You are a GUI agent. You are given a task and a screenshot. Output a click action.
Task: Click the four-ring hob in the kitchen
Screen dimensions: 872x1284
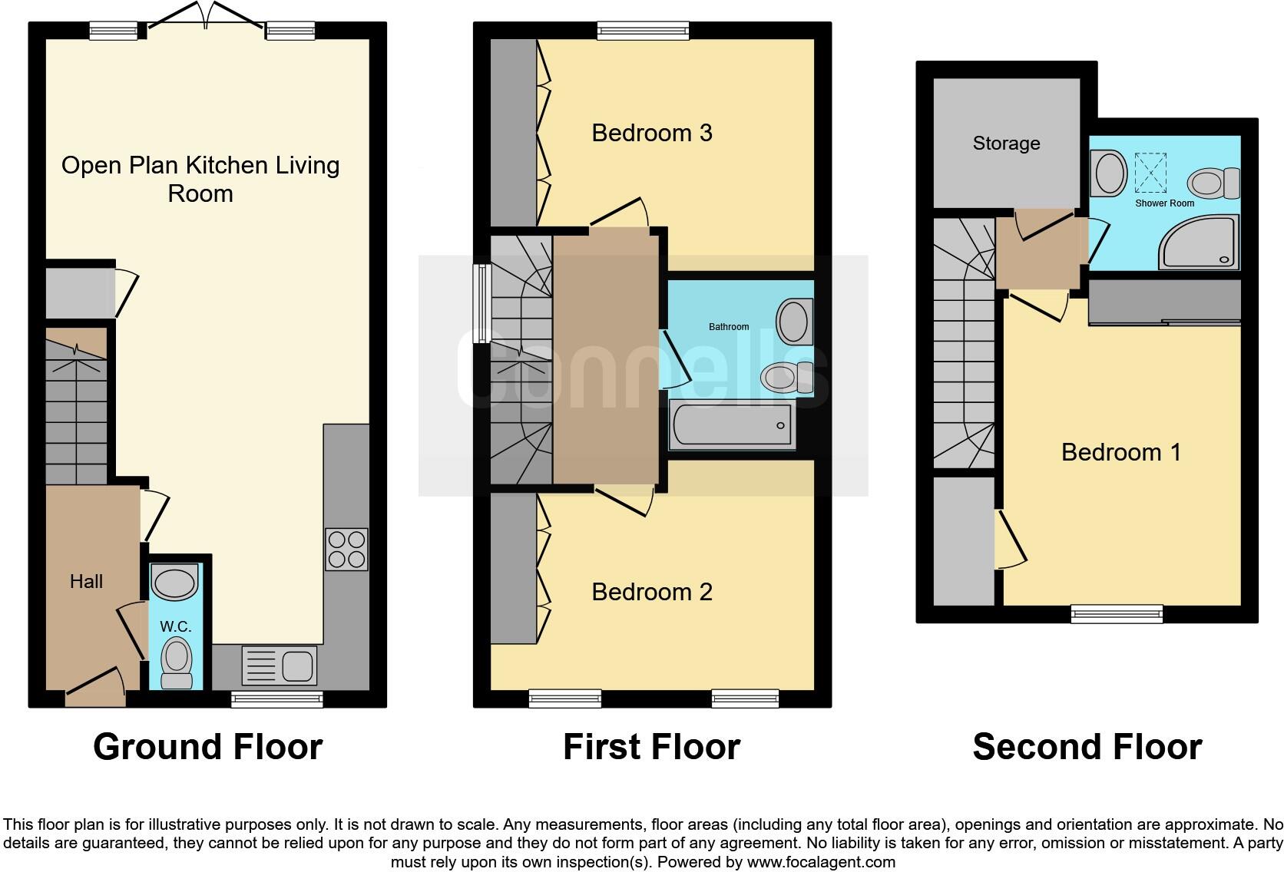point(346,549)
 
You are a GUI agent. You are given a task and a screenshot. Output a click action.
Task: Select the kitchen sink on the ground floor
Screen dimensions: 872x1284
point(280,665)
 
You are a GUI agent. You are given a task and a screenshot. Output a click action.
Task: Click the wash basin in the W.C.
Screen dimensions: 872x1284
point(175,581)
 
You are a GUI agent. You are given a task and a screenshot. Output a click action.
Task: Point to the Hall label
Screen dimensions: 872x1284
point(86,582)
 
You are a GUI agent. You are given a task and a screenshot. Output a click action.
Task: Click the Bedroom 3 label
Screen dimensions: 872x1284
point(651,133)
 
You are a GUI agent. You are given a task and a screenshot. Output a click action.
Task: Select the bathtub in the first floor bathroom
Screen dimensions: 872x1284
point(731,424)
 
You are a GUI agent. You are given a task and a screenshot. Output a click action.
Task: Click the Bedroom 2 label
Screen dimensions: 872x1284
point(651,592)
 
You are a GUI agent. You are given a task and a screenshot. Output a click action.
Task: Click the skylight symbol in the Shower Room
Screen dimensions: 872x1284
point(1150,173)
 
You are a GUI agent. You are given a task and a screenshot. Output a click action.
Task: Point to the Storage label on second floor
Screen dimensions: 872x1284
point(1006,144)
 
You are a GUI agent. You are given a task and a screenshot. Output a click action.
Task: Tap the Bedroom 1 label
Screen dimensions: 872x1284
point(1120,452)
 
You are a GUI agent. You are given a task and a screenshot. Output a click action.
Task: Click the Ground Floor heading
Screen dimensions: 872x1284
point(207,747)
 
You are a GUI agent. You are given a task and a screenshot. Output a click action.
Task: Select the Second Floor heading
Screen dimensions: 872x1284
point(1087,747)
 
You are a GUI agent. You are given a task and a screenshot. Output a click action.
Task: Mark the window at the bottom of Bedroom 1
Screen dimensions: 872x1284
point(1117,613)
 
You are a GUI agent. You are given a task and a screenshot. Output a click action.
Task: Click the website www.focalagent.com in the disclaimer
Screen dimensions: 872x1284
point(821,862)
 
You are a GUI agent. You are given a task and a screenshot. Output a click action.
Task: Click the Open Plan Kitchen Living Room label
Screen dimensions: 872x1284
point(200,179)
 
